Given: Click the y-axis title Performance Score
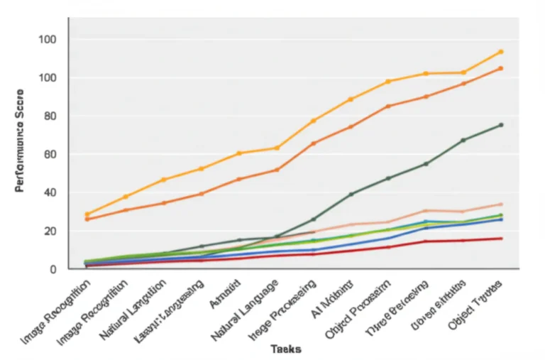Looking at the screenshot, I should (20, 141).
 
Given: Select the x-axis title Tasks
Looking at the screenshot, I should (285, 349).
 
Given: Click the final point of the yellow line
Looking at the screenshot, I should (500, 52).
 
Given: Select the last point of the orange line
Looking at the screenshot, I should (500, 68).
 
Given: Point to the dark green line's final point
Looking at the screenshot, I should (500, 125).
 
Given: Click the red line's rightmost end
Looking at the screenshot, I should (500, 239).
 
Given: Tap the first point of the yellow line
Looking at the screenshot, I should (87, 214).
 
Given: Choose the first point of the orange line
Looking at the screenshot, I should (87, 219).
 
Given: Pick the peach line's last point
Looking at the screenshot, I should (500, 204).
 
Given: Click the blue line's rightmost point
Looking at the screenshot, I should (500, 219).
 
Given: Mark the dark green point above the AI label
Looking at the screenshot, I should (351, 194).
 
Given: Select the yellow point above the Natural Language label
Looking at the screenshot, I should (277, 148).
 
